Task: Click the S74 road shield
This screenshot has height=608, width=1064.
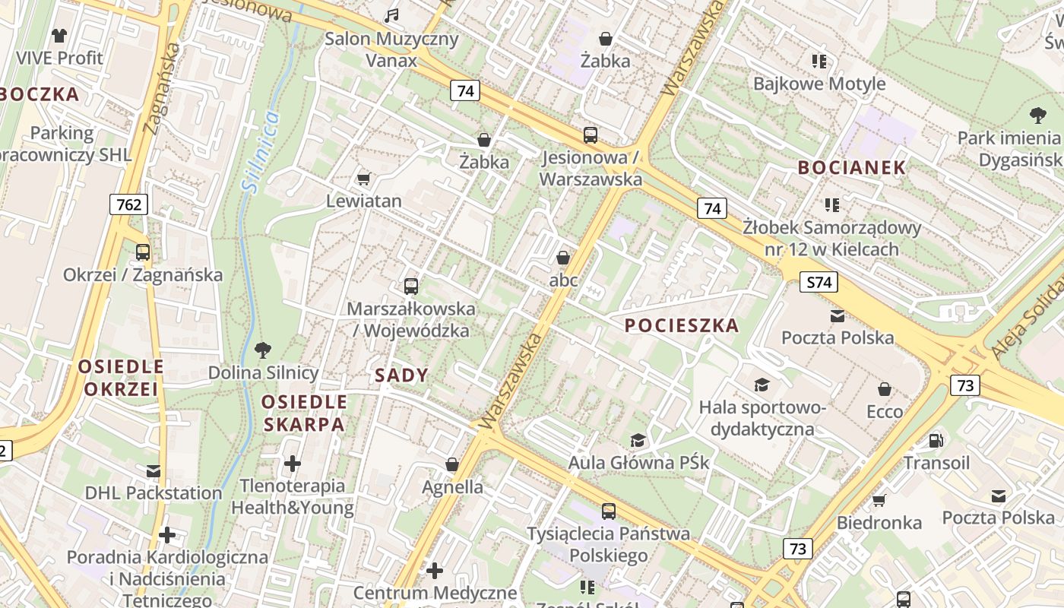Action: click(x=818, y=283)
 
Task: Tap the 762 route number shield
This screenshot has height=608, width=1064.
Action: click(x=129, y=204)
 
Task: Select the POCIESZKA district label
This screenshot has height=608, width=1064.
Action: click(x=682, y=326)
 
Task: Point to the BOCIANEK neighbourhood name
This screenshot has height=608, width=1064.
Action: click(x=851, y=168)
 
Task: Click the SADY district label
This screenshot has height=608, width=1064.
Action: click(x=401, y=375)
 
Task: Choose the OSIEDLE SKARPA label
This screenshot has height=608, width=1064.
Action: click(x=305, y=413)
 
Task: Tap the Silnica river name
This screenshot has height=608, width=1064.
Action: click(x=260, y=150)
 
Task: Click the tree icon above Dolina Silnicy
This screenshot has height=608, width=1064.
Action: click(x=263, y=350)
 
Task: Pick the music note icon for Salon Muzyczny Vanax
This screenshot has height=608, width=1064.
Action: click(x=391, y=15)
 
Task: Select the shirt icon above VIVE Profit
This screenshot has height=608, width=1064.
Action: click(x=59, y=35)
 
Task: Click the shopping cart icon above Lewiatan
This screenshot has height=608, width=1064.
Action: click(x=363, y=179)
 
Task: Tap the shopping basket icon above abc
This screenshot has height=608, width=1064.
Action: click(x=563, y=258)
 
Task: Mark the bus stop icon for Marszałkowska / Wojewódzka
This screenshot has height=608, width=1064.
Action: click(x=411, y=286)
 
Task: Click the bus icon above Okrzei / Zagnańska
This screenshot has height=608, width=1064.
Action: click(x=142, y=252)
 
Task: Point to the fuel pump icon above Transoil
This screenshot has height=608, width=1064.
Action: click(x=936, y=440)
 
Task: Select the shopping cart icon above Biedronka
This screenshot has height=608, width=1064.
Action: click(x=879, y=500)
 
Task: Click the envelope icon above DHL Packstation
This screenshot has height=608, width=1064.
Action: click(x=154, y=470)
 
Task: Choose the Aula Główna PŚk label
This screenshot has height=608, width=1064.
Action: click(x=638, y=462)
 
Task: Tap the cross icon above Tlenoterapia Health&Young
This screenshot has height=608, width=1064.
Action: click(x=293, y=463)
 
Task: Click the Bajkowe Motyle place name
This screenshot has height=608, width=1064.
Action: click(x=819, y=84)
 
